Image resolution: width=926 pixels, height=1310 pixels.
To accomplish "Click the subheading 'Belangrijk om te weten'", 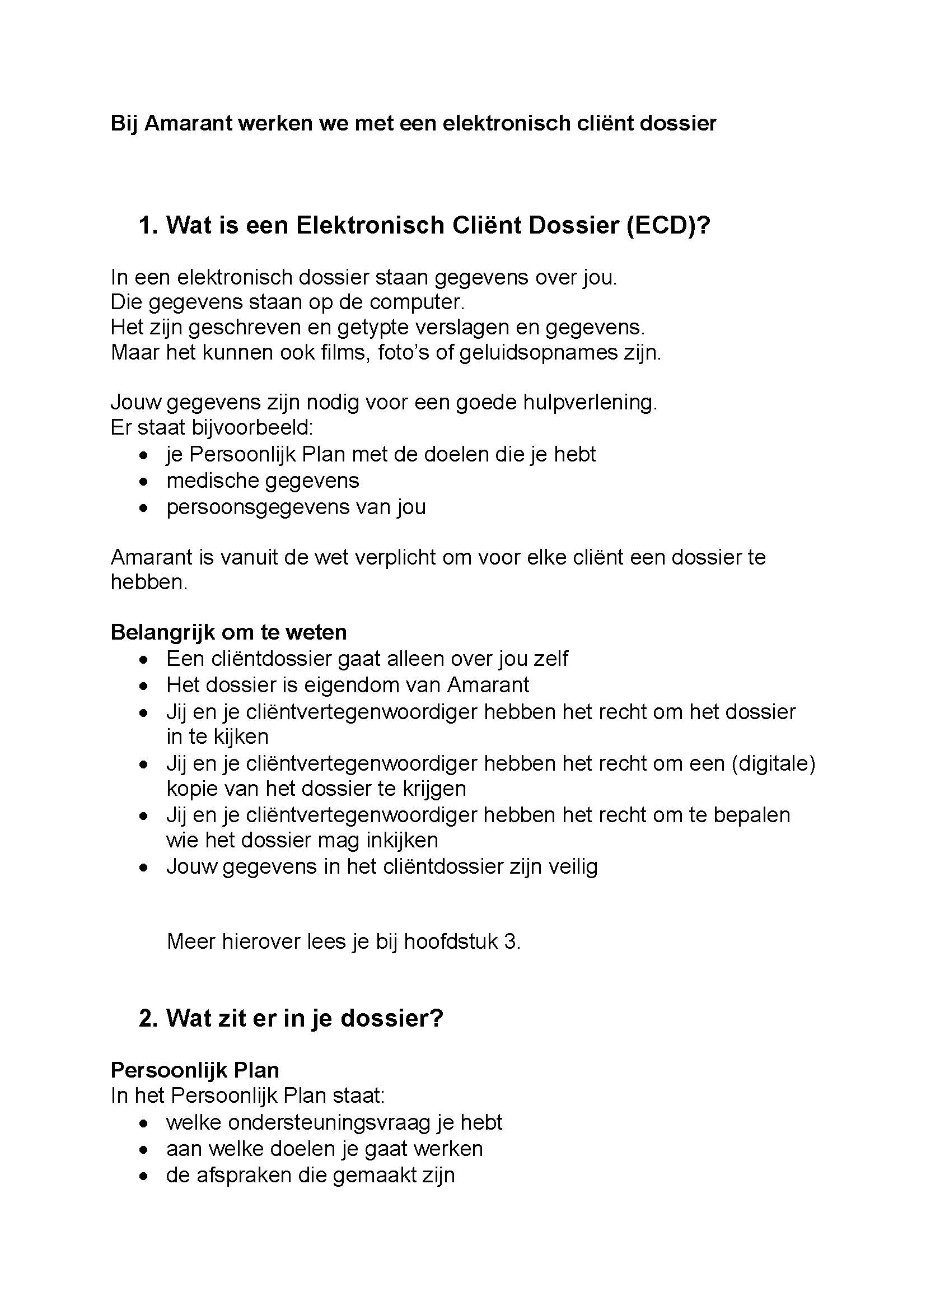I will tap(228, 632).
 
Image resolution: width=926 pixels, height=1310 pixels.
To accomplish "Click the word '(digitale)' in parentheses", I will tap(773, 763).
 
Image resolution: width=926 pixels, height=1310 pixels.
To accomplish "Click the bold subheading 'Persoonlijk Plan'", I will tap(194, 1070).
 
